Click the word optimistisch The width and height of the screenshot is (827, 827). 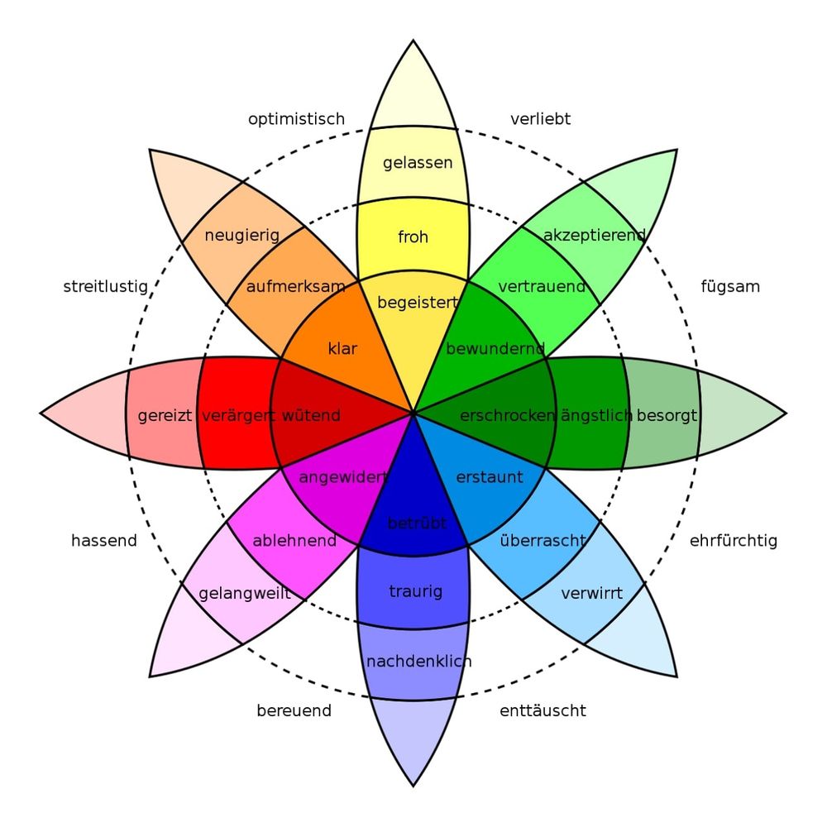click(296, 120)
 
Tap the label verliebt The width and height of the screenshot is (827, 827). click(540, 119)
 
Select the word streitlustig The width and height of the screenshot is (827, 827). click(106, 287)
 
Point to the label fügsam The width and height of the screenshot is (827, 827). click(730, 287)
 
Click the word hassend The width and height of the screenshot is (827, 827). click(104, 541)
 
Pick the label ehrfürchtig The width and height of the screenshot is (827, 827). click(733, 541)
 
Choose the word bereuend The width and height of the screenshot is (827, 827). click(294, 711)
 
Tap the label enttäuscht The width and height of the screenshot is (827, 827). click(543, 711)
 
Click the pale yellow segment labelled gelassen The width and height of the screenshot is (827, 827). click(413, 165)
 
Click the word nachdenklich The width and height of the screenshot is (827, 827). click(418, 662)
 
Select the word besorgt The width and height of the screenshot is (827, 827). click(667, 416)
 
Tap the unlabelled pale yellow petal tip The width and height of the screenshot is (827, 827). click(413, 89)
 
